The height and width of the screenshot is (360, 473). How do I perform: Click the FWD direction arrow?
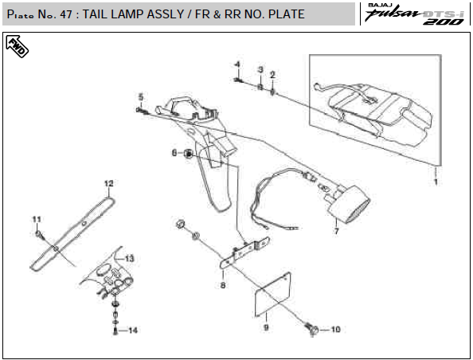tap(17, 46)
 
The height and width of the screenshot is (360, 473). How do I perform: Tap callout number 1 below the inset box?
tap(436, 182)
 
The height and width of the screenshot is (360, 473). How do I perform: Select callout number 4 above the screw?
tap(238, 65)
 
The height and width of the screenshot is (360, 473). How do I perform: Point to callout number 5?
tap(141, 97)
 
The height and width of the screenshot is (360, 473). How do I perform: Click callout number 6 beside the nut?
tap(174, 153)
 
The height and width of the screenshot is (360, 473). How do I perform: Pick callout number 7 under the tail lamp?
tap(336, 231)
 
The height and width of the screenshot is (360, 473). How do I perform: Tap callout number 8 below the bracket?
tap(223, 285)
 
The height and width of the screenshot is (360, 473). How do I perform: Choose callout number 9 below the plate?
tap(266, 327)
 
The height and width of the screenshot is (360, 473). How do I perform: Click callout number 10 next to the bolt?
tap(335, 330)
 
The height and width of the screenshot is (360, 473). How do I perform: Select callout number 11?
tap(37, 219)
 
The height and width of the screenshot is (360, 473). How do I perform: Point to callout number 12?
tap(108, 183)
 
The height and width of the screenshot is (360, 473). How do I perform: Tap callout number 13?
tap(129, 259)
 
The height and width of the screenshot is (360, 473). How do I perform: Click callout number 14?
tap(133, 331)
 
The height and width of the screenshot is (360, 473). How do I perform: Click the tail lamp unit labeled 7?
tap(349, 204)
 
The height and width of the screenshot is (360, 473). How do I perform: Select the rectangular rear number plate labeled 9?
tap(272, 295)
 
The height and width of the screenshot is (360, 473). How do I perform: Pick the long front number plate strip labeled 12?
tap(72, 233)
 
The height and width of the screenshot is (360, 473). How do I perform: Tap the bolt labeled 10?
tap(311, 329)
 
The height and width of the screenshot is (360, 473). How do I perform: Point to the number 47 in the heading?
tap(66, 14)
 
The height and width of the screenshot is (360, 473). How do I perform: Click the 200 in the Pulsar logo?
tap(444, 22)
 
